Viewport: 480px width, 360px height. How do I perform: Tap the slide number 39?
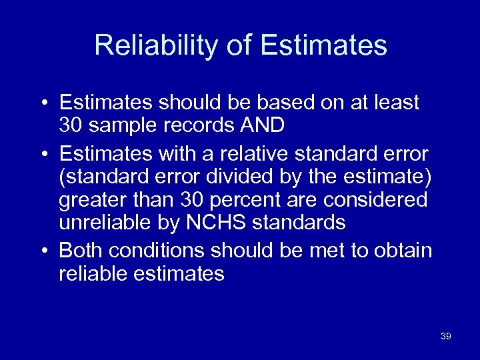click(446, 337)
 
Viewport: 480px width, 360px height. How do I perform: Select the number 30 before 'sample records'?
click(71, 125)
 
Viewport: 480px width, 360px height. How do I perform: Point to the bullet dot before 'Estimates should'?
click(43, 103)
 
